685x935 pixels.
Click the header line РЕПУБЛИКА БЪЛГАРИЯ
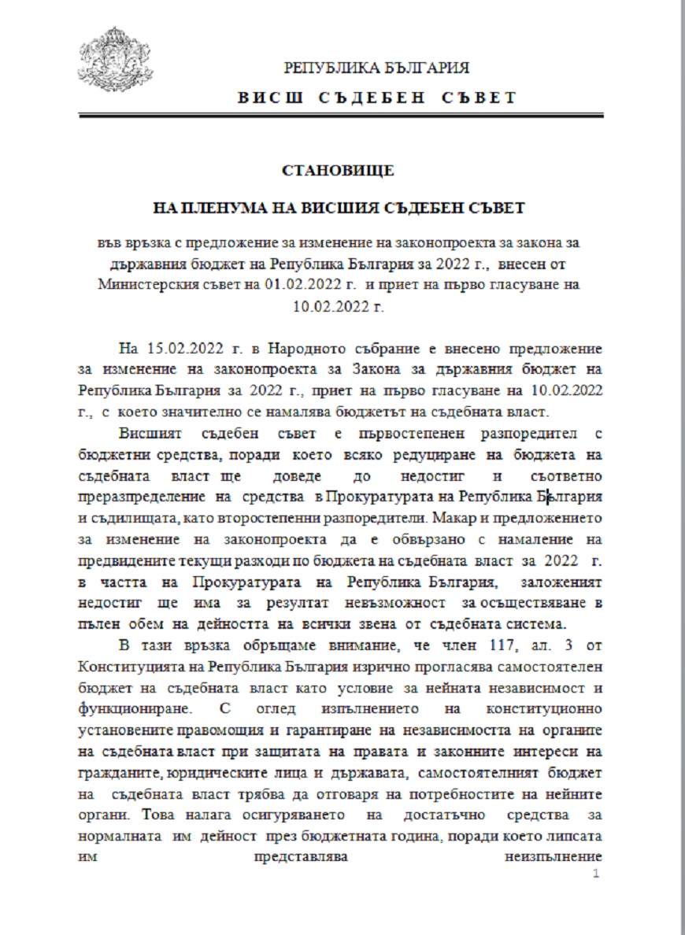(376, 68)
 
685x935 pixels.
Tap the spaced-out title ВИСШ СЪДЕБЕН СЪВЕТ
(376, 98)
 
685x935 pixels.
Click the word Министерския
(143, 284)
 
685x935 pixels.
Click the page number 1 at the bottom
(596, 874)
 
